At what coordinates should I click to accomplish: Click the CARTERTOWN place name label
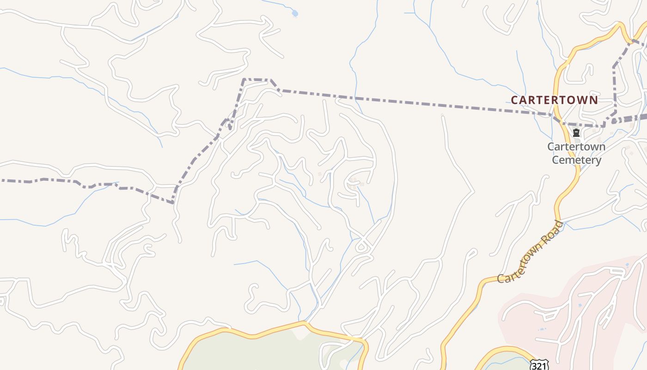click(x=554, y=100)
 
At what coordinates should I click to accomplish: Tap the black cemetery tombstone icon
click(x=576, y=133)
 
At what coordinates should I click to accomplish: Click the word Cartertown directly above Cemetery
click(x=576, y=147)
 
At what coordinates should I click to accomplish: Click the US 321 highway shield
click(x=539, y=365)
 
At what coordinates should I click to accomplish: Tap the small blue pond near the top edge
click(x=295, y=13)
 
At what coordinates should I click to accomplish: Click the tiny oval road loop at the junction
click(x=362, y=248)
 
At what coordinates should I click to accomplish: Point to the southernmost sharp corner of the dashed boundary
click(x=173, y=203)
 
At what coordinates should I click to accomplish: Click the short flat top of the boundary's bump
click(x=256, y=80)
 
